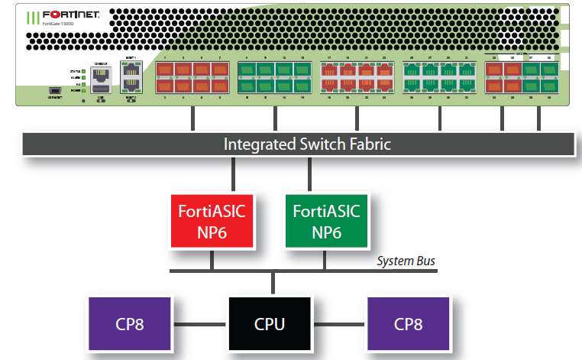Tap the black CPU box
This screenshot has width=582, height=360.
tap(270, 323)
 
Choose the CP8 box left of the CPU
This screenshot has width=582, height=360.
tap(130, 323)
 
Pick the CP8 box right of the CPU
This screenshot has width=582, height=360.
tap(409, 323)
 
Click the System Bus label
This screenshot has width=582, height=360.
tap(406, 261)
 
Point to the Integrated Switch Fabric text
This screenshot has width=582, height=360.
tap(307, 144)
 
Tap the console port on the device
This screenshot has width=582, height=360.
tap(100, 74)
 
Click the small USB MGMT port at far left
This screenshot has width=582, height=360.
tap(56, 89)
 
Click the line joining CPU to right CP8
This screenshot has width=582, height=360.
tap(339, 323)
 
